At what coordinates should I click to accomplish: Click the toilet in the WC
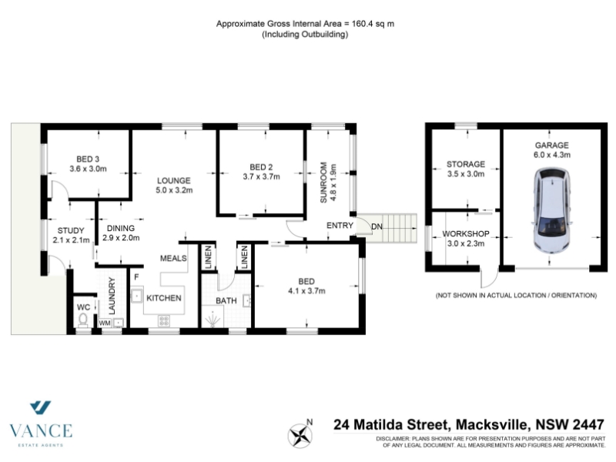tap(83, 320)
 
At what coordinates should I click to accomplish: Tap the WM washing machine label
tap(105, 323)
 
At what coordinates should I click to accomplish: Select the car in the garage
tap(551, 210)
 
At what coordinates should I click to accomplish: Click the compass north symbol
tap(300, 435)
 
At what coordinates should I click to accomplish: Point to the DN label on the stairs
tap(377, 226)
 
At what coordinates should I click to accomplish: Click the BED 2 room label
tap(261, 167)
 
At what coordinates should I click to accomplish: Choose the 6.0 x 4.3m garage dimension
tap(551, 155)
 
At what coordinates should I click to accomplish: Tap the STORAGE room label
tap(466, 164)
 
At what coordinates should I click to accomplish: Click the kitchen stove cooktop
tap(164, 321)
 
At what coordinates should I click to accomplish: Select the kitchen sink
tap(137, 295)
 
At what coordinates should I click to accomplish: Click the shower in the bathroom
tap(213, 319)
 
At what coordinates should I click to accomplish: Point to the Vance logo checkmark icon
tap(41, 407)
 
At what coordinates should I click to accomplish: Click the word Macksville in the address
tap(490, 425)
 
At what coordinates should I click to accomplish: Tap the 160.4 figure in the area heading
tap(363, 24)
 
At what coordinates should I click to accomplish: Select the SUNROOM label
tap(323, 182)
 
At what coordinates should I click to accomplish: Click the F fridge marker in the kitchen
tap(136, 277)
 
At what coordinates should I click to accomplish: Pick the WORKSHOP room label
tap(466, 234)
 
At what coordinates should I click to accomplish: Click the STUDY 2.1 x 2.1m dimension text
tap(71, 240)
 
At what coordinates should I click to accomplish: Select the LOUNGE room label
tap(174, 181)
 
